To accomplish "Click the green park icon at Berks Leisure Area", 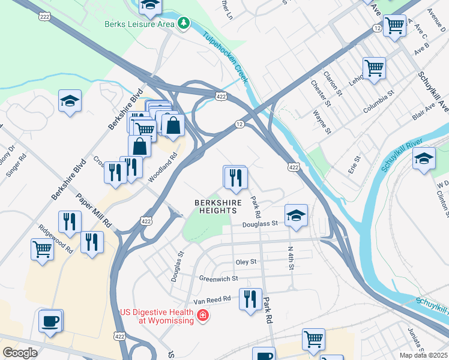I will (183, 24).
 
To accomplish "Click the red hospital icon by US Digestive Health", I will (203, 316).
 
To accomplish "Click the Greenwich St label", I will (218, 279).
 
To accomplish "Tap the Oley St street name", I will (246, 262).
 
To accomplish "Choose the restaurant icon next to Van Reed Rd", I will (250, 299).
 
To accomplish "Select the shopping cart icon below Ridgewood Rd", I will (41, 248).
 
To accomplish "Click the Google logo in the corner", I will (20, 353).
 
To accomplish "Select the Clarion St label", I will (333, 85).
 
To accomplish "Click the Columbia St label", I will (378, 102).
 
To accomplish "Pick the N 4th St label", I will (290, 257).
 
